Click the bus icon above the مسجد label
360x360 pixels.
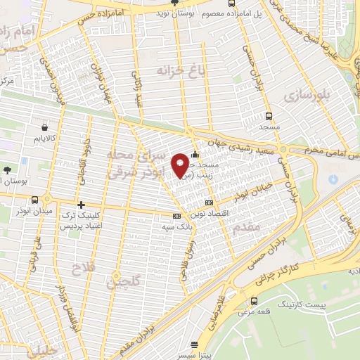269,117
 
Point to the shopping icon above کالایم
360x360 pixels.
46,128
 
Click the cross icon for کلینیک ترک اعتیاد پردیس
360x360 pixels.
82,204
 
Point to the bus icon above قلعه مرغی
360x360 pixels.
254,302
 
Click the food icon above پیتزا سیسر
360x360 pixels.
195,345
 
